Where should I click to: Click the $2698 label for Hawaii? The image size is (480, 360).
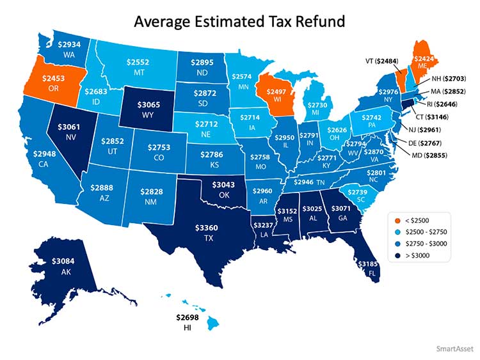188,317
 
